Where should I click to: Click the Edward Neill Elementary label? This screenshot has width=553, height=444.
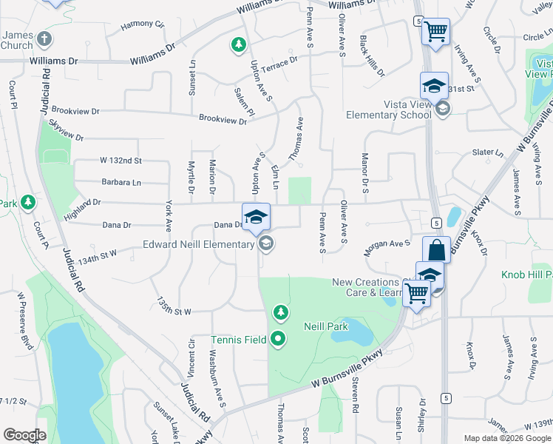[x=198, y=245]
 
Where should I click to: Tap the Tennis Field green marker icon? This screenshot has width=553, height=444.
[x=279, y=340]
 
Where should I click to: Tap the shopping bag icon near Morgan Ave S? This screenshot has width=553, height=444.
[x=436, y=251]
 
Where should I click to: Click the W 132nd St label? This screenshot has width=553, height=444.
[x=121, y=161]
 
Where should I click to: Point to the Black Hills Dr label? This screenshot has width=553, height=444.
[x=372, y=55]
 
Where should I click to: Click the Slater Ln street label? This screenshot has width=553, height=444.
[x=487, y=152]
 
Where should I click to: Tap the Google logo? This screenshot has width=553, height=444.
[x=24, y=435]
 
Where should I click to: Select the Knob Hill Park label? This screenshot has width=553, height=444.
[x=526, y=275]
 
